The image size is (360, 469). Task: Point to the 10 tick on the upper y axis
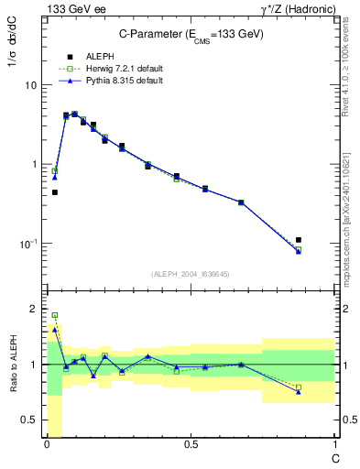pos(33,85)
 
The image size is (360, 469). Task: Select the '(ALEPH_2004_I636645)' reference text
pos(190,274)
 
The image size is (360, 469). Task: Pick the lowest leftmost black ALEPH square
pos(55,192)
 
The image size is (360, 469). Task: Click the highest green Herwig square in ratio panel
pos(55,315)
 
